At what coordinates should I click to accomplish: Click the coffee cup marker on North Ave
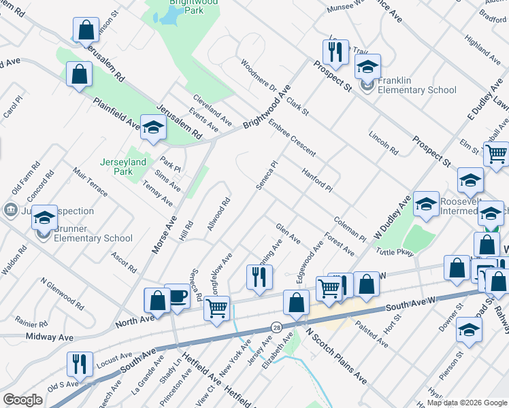pos(177,296)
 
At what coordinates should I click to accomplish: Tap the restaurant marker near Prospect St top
pos(335,52)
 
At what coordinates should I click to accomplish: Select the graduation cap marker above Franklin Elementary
pos(367,67)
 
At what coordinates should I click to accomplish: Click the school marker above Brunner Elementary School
pos(44,218)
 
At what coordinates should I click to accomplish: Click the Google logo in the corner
pos(22,400)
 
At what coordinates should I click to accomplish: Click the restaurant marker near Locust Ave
pos(80,365)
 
